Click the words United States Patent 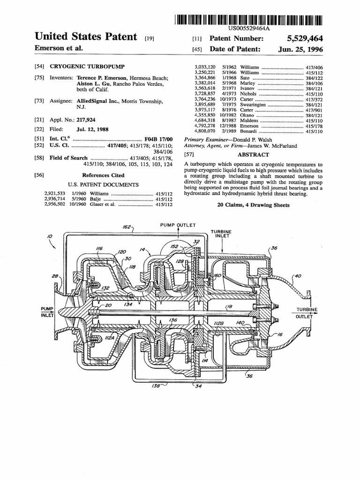coord(86,37)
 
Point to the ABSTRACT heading coord(254,155)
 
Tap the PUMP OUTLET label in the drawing coord(178,225)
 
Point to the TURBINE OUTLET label coord(307,313)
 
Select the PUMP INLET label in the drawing coord(47,312)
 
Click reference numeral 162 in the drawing coord(127,226)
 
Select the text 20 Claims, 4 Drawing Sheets coord(254,205)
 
